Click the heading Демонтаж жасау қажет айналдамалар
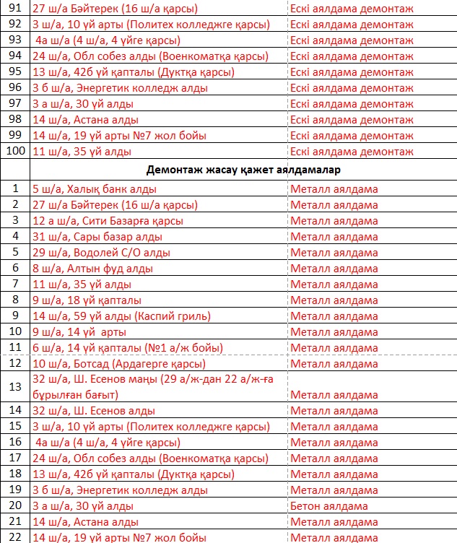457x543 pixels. pos(243,170)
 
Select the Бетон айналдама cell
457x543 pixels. pos(329,506)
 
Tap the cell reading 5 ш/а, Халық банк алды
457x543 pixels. pos(95,189)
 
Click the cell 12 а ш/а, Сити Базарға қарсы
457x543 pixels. pos(108,221)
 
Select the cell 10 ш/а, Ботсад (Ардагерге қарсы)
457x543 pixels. pos(118,364)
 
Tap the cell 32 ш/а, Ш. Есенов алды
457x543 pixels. pos(94,412)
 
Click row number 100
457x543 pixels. pos(15,152)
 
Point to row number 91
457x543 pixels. pos(15,9)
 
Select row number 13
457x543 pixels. pos(15,387)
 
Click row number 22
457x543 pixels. pos(15,537)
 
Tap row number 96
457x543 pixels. pos(15,88)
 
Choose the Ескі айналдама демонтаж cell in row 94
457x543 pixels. pos(352,56)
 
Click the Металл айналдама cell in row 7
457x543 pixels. pos(334,284)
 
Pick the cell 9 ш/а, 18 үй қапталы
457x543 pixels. pos(87,300)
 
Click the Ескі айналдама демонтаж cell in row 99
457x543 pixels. pos(352,136)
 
